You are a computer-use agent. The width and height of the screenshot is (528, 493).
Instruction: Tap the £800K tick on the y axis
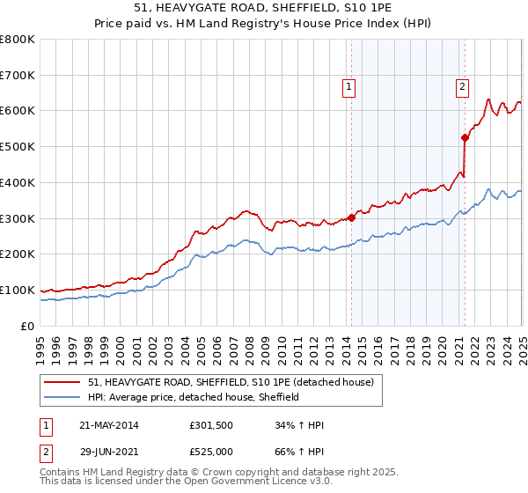(x=18, y=40)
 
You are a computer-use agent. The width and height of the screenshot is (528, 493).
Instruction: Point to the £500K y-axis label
(x=18, y=147)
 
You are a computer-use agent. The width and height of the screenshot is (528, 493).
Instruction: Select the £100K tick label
(x=18, y=290)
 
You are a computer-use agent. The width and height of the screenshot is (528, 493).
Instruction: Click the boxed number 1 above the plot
(x=350, y=86)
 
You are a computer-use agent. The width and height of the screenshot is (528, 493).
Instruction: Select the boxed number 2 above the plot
(x=462, y=86)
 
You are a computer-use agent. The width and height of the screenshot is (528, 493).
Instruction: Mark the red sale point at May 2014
(x=351, y=217)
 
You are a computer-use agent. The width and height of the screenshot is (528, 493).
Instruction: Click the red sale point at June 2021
(x=465, y=137)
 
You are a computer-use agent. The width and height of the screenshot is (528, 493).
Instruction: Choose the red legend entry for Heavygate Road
(x=231, y=382)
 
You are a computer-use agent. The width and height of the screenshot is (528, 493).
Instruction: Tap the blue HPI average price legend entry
(x=194, y=397)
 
